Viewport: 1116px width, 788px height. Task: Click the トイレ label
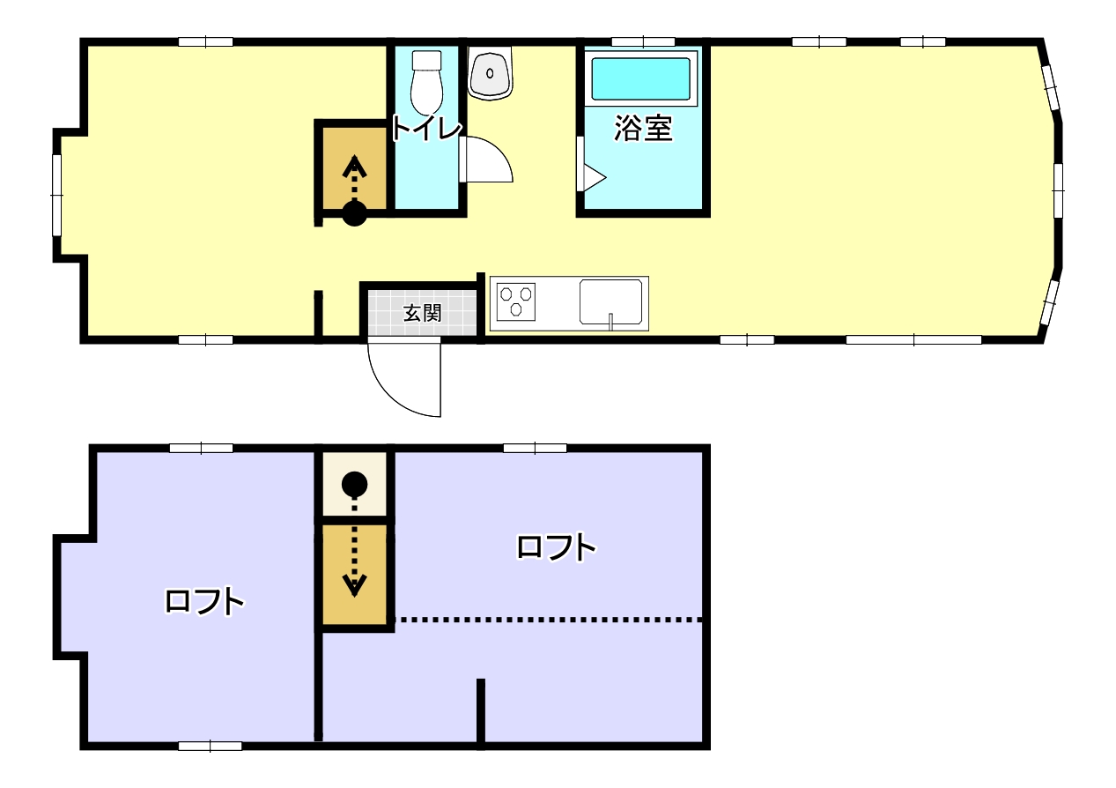click(425, 129)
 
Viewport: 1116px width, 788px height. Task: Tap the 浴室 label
click(643, 129)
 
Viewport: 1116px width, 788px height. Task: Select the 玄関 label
click(422, 312)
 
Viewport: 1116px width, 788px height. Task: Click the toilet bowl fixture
click(426, 79)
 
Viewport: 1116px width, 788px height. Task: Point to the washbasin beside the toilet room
click(490, 73)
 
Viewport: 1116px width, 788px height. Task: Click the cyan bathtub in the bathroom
click(640, 80)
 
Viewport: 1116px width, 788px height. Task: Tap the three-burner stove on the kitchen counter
click(516, 301)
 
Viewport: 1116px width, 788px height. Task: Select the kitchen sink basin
click(610, 302)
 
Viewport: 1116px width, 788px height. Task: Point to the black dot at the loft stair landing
click(354, 483)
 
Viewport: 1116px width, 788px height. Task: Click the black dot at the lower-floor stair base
click(354, 213)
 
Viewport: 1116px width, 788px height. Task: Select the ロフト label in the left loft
click(203, 601)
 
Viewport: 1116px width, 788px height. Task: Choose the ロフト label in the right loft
click(556, 547)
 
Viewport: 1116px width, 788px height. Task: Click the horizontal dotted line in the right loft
click(551, 620)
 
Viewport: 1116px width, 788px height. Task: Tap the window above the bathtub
click(642, 41)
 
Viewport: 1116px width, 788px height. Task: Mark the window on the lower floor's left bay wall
click(57, 195)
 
